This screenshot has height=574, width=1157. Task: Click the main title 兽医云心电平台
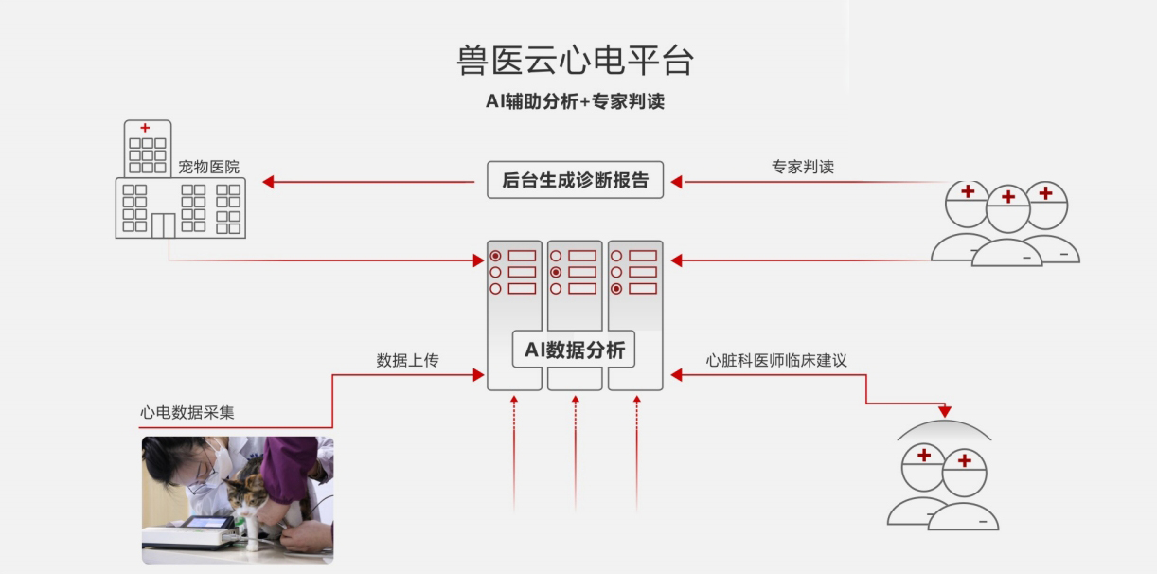(x=575, y=61)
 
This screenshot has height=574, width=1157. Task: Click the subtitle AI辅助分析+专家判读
(x=575, y=101)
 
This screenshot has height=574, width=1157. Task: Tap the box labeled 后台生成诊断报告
(x=576, y=181)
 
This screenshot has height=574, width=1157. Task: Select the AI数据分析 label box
(x=575, y=350)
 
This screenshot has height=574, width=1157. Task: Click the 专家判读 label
(x=803, y=167)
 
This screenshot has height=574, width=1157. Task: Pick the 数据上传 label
(x=407, y=360)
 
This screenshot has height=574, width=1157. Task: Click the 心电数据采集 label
(x=187, y=412)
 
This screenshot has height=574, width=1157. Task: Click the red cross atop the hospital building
(x=145, y=128)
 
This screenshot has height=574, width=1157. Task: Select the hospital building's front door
(x=163, y=225)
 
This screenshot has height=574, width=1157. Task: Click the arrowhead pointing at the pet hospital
(x=268, y=182)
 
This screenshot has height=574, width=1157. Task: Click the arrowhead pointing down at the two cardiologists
(x=944, y=411)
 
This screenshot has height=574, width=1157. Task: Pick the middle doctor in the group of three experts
(x=1007, y=223)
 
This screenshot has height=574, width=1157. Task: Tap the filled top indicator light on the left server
(x=495, y=256)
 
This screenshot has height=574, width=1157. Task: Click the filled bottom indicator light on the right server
(x=617, y=288)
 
